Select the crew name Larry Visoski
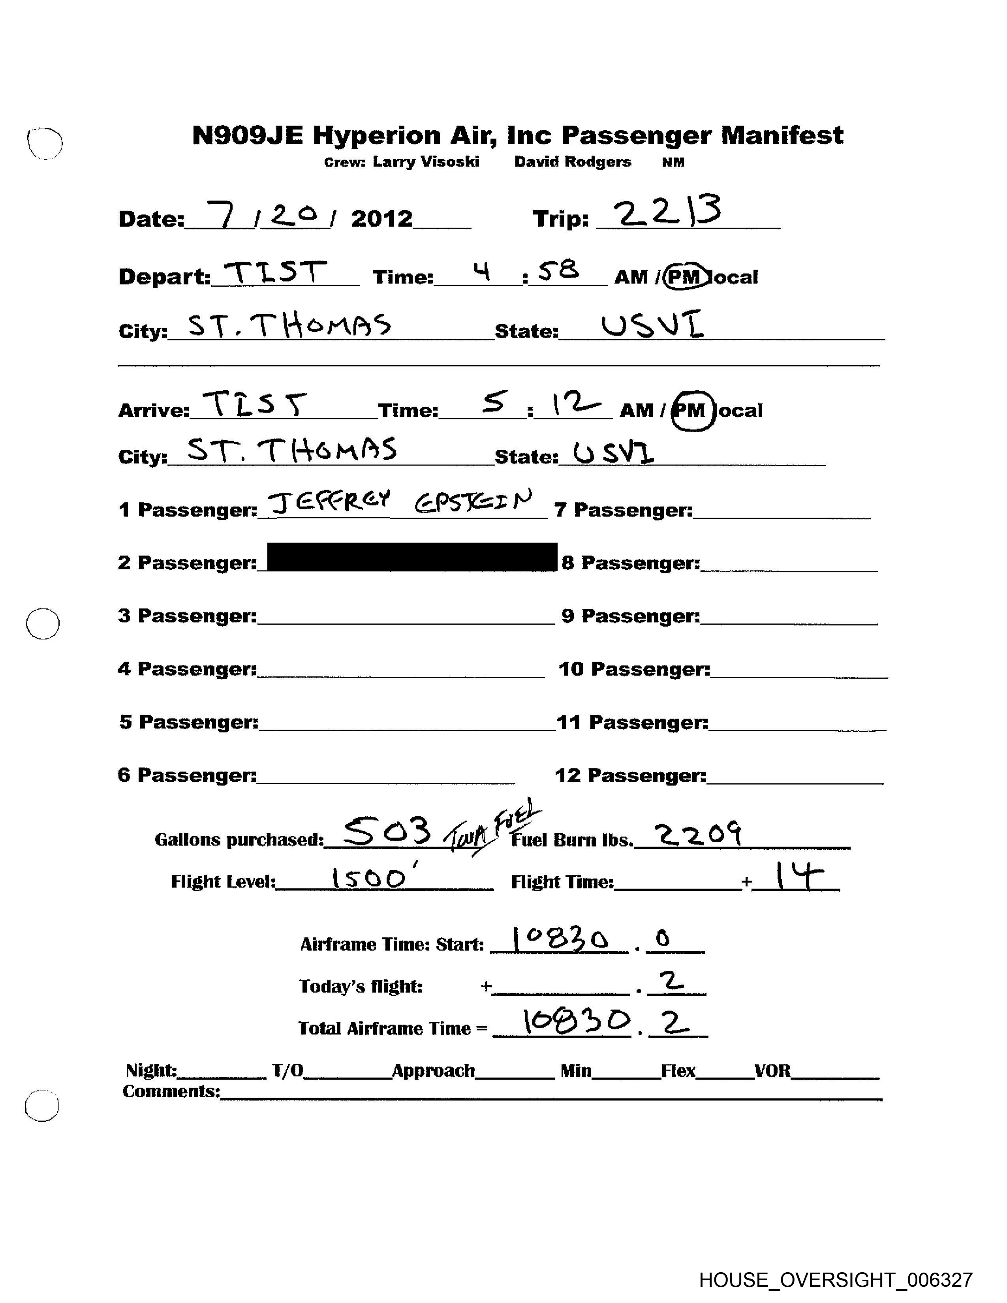(426, 162)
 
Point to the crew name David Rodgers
(573, 162)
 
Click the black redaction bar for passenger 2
(411, 557)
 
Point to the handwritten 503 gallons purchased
(388, 832)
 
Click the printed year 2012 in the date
(382, 219)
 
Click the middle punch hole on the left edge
(43, 624)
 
